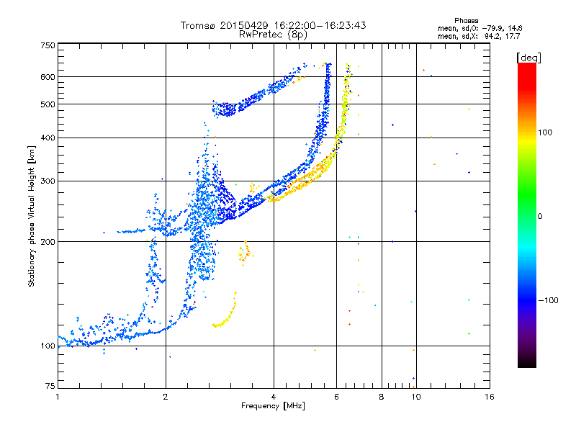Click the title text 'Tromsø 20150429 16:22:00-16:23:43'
tap(274, 25)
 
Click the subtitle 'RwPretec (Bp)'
tap(274, 34)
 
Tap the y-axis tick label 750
tap(48, 45)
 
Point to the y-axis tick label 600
tap(48, 76)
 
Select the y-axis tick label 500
tap(48, 104)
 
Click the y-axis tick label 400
tap(48, 138)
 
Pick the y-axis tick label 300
tap(48, 181)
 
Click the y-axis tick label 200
tap(48, 241)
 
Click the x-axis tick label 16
tap(489, 397)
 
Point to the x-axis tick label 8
tap(382, 397)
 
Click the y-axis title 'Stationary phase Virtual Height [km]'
tap(32, 216)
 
